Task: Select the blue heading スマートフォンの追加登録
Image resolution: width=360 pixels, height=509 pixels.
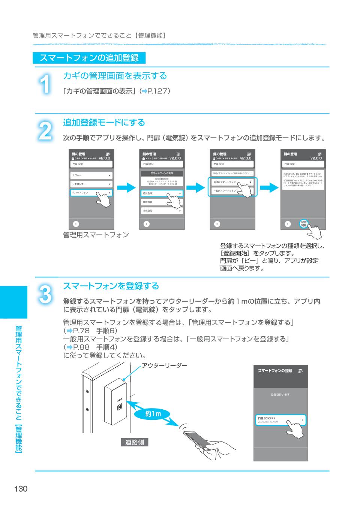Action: pyautogui.click(x=89, y=58)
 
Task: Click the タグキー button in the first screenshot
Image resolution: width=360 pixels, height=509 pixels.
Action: pyautogui.click(x=91, y=175)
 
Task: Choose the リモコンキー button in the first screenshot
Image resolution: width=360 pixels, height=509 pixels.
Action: pyautogui.click(x=91, y=184)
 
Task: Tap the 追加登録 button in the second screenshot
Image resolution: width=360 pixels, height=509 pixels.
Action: pyautogui.click(x=162, y=193)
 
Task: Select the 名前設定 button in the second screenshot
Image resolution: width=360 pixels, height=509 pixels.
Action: pyautogui.click(x=162, y=211)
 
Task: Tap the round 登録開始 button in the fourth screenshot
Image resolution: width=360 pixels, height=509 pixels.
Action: pyautogui.click(x=303, y=224)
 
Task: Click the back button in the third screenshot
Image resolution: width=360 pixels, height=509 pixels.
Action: pyautogui.click(x=217, y=224)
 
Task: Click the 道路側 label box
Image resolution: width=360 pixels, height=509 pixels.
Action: pyautogui.click(x=134, y=442)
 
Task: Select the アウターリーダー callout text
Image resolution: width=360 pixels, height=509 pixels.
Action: pyautogui.click(x=164, y=365)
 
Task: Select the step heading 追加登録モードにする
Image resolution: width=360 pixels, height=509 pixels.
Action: pyautogui.click(x=104, y=123)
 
